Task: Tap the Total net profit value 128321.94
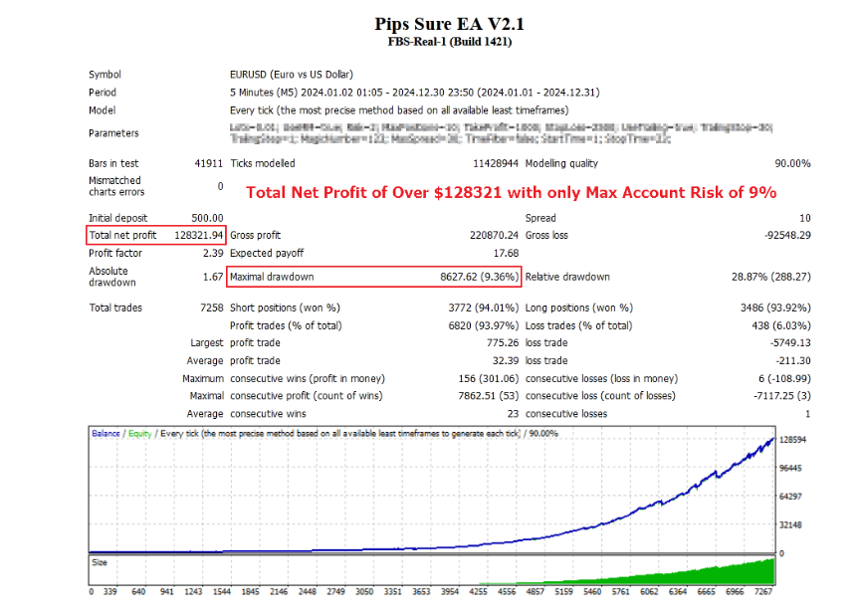coord(197,236)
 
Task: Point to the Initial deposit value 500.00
coord(207,218)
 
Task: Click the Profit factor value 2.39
coord(213,254)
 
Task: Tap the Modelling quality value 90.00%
coord(791,164)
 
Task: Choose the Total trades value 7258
coord(211,308)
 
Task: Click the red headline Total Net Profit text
coord(511,192)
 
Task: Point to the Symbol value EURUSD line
coord(291,75)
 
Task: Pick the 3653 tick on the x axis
coord(422,591)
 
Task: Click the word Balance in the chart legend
coord(107,434)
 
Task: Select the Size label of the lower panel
coord(101,561)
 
